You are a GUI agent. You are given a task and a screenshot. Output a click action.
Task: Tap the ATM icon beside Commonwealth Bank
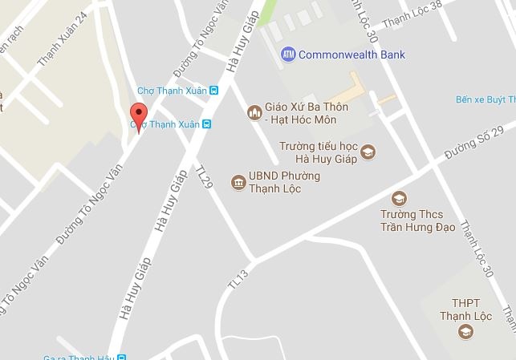pos(288,55)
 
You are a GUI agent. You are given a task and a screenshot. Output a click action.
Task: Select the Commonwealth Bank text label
pos(351,55)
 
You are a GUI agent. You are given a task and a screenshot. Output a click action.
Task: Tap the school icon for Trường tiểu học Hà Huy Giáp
pos(368,152)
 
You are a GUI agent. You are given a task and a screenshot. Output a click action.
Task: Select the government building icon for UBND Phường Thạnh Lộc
pos(238,183)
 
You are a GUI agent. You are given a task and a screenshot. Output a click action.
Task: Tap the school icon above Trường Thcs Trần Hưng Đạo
pos(398,198)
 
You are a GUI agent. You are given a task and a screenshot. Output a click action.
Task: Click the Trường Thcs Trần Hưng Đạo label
pos(417,220)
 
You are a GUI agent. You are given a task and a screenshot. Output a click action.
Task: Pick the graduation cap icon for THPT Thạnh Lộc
pos(464,331)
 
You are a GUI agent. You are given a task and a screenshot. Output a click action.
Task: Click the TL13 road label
pos(238,277)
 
